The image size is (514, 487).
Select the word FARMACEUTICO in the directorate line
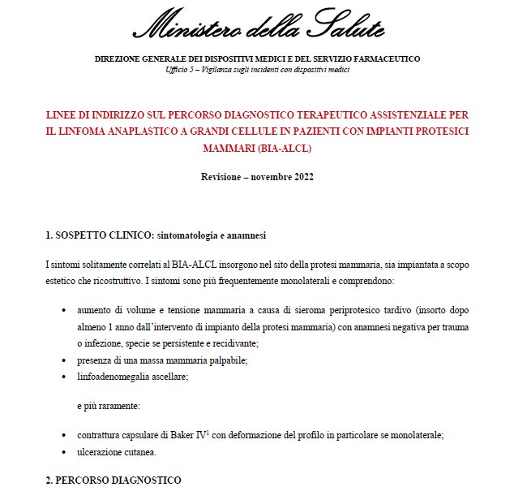click(x=383, y=58)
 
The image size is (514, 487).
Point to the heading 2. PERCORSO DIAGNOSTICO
click(x=113, y=480)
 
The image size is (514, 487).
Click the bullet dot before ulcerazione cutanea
click(x=64, y=452)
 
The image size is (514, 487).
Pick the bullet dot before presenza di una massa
click(x=64, y=360)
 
